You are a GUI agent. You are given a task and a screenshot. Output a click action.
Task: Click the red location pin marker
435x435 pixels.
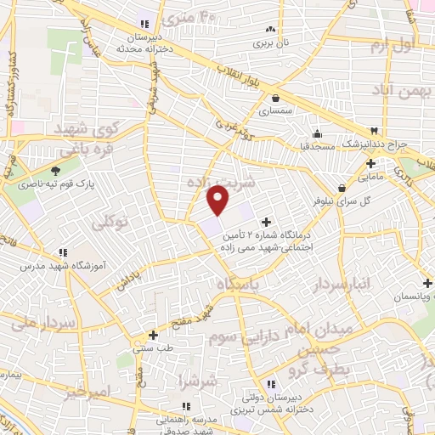(x=218, y=200)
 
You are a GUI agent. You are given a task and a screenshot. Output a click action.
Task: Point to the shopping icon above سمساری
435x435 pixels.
(x=278, y=99)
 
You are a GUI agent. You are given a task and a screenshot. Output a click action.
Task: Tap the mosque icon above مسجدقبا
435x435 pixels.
(x=317, y=133)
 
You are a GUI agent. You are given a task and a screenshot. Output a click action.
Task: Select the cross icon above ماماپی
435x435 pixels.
(x=370, y=164)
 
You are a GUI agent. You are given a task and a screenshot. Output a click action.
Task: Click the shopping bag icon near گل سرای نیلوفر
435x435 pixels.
(x=342, y=188)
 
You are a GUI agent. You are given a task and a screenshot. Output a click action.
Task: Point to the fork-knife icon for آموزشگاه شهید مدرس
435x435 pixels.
(x=63, y=252)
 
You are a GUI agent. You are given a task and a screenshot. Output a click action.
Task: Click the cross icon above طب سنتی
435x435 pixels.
(x=152, y=335)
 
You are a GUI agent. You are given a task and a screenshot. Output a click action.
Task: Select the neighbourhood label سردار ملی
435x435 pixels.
(x=39, y=323)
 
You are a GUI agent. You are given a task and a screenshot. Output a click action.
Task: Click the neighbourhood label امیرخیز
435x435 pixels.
(x=87, y=393)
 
